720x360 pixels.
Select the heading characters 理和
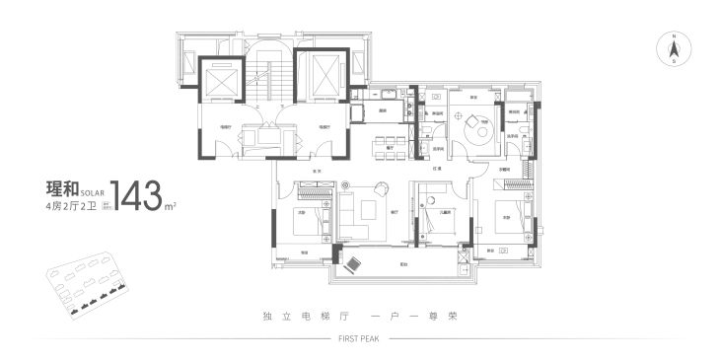tap(61, 187)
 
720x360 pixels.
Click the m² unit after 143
tap(170, 205)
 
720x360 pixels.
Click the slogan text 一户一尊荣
tap(417, 317)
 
